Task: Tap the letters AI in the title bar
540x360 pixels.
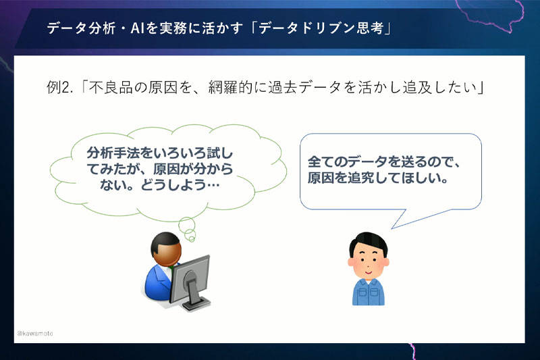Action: [137, 28]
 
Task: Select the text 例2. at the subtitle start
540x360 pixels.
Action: [60, 88]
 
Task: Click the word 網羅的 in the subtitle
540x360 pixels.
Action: [230, 88]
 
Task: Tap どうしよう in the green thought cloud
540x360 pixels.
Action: [173, 185]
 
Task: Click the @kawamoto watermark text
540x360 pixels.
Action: [35, 333]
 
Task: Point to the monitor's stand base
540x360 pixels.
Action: [196, 305]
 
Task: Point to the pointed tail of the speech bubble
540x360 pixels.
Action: [392, 228]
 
